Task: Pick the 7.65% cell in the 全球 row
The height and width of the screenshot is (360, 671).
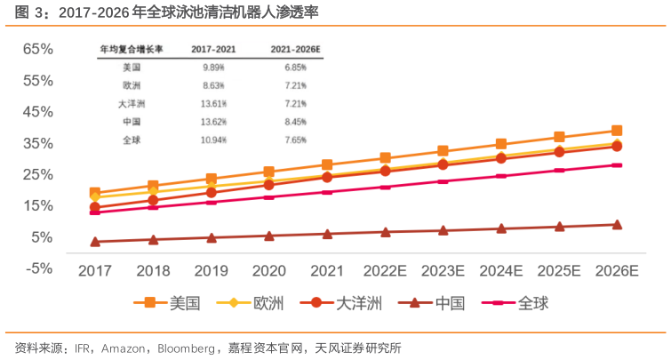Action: tap(295, 140)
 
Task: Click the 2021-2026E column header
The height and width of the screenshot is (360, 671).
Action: tap(295, 50)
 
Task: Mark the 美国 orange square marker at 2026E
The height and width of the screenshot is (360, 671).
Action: tap(616, 131)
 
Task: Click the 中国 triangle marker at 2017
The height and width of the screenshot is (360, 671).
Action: tap(95, 242)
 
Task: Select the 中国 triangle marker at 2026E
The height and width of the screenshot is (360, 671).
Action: tap(616, 225)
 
